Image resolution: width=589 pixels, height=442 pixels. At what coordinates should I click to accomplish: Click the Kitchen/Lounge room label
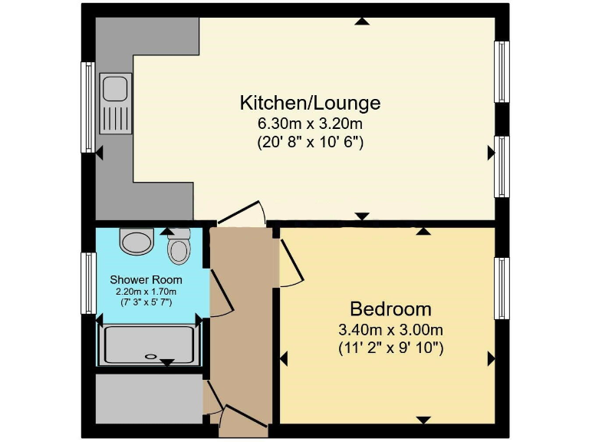pos(310,103)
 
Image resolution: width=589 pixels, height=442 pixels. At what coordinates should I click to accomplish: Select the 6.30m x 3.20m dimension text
pos(310,123)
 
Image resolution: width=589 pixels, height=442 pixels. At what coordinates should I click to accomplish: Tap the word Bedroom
pos(390,309)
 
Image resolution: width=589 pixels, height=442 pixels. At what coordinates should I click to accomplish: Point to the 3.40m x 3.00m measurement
pos(391,330)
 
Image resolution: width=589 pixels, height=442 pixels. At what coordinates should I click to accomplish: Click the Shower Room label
pos(145,279)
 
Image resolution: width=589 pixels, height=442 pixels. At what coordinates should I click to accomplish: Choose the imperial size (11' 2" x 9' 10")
pos(391,348)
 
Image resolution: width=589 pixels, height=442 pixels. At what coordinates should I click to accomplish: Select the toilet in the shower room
pos(179,246)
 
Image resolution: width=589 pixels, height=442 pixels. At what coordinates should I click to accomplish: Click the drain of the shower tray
pos(151,355)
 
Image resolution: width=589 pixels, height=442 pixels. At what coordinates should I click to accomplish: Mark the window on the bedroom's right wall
pos(502,289)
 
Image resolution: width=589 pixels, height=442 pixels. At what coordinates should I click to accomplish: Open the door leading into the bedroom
pos(288,262)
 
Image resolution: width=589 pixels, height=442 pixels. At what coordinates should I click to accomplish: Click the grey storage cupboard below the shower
pos(148,397)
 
